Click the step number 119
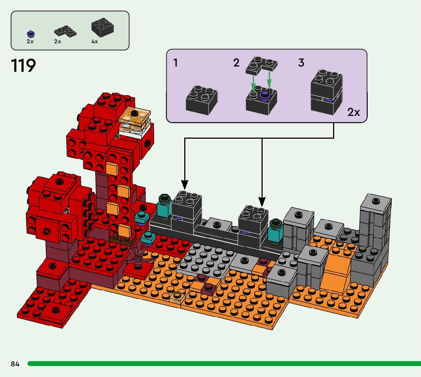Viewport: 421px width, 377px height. pyautogui.click(x=23, y=66)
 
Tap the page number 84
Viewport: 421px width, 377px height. pyautogui.click(x=15, y=364)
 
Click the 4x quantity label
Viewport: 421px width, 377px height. pyautogui.click(x=94, y=41)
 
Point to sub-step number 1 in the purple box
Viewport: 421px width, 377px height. pyautogui.click(x=175, y=63)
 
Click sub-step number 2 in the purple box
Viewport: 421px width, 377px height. pyautogui.click(x=236, y=63)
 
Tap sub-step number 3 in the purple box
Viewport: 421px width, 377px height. pyautogui.click(x=301, y=63)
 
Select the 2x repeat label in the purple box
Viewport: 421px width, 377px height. pyautogui.click(x=354, y=112)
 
